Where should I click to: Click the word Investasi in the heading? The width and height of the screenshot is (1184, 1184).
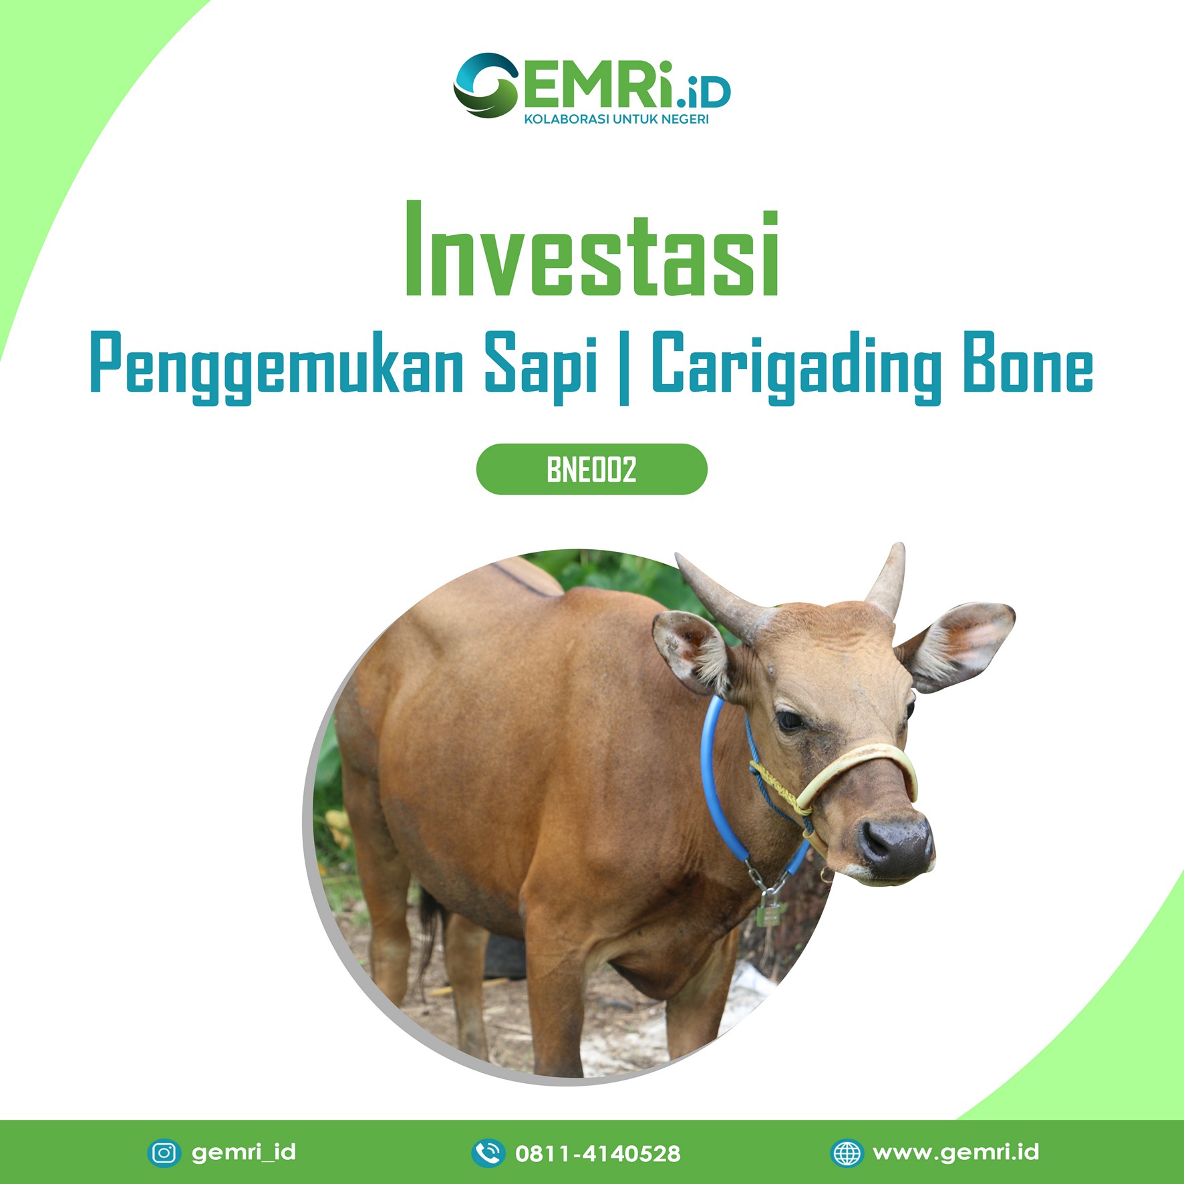[592, 249]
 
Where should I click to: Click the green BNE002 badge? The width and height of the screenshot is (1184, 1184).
[591, 470]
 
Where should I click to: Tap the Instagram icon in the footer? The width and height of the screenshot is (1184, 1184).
[164, 1153]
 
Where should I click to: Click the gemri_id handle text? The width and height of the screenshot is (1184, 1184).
[244, 1153]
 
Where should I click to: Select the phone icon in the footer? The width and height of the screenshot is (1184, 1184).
[488, 1153]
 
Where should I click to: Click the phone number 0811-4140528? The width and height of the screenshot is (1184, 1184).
[598, 1153]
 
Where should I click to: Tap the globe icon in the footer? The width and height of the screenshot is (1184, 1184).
[847, 1153]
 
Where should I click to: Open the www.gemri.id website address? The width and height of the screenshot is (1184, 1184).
[956, 1153]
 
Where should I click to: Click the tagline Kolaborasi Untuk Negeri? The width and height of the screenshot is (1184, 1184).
[616, 120]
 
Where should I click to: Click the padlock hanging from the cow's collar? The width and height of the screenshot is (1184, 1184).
[770, 909]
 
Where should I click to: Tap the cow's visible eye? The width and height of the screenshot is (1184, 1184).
[790, 720]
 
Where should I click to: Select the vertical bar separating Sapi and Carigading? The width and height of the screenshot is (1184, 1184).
[624, 368]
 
